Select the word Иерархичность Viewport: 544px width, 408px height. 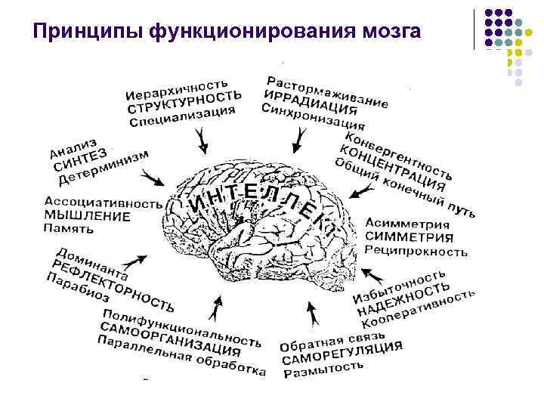click(x=178, y=88)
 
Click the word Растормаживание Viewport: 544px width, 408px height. click(x=328, y=88)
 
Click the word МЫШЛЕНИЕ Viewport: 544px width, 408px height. click(x=88, y=216)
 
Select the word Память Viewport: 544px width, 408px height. click(x=69, y=228)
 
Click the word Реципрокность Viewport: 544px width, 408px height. click(x=416, y=250)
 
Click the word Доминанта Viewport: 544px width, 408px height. click(x=91, y=261)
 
